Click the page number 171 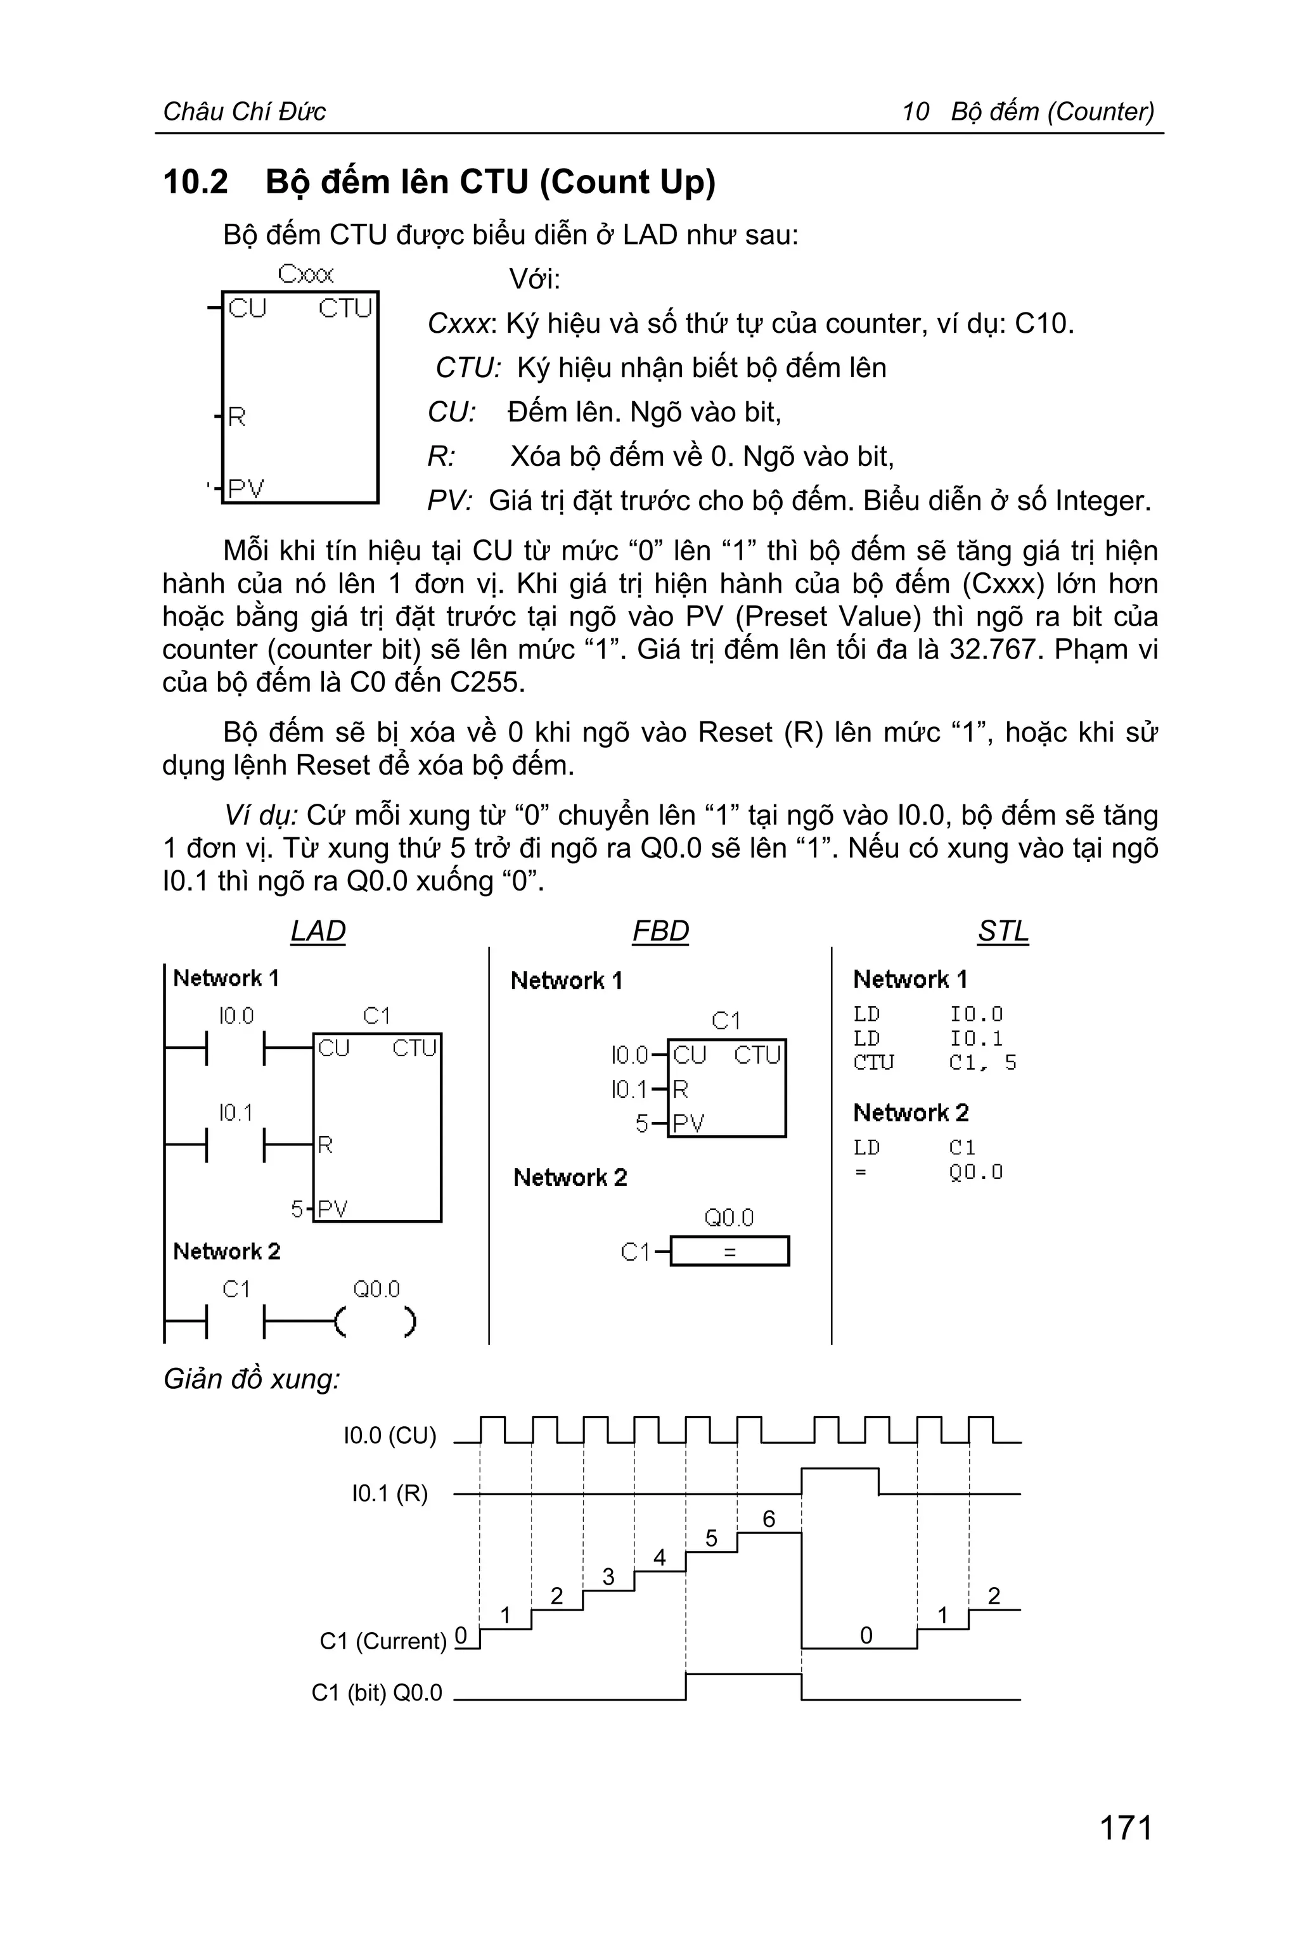point(1126,1827)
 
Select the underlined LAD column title point(318,930)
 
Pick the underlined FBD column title point(660,930)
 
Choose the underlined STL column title point(1003,930)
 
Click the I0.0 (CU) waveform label point(390,1435)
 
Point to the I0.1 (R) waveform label point(390,1493)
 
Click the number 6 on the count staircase point(769,1519)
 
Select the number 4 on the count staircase point(660,1557)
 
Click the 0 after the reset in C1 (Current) point(866,1635)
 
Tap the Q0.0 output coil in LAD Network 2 point(376,1322)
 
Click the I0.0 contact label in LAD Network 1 point(236,1016)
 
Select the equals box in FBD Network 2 point(729,1252)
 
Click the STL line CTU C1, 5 point(935,1062)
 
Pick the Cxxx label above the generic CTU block point(305,274)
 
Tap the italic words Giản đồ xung point(252,1379)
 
